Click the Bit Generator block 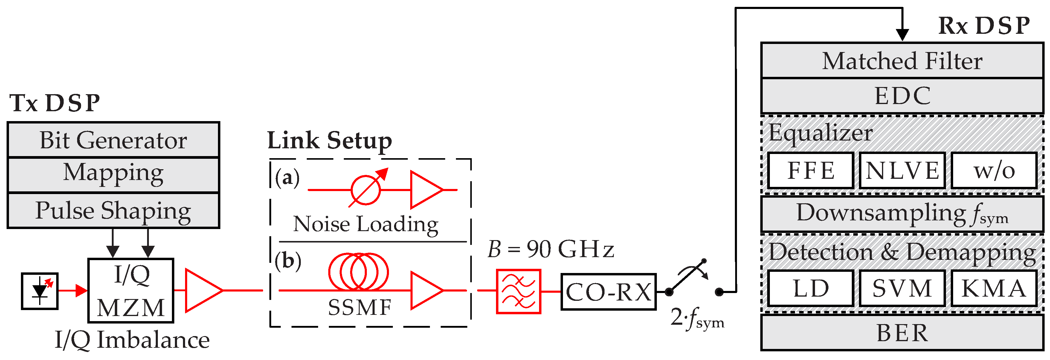113,140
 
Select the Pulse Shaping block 113,210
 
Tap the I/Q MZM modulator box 131,290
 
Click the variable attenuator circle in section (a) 366,190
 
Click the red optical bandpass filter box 518,291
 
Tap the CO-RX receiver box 608,292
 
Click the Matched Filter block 902,61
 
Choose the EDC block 902,96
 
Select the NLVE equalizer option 902,170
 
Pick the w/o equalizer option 994,170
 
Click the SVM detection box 902,288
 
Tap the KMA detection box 994,288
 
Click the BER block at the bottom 902,333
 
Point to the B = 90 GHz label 550,249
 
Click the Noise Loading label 366,224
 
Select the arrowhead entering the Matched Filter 902,35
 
